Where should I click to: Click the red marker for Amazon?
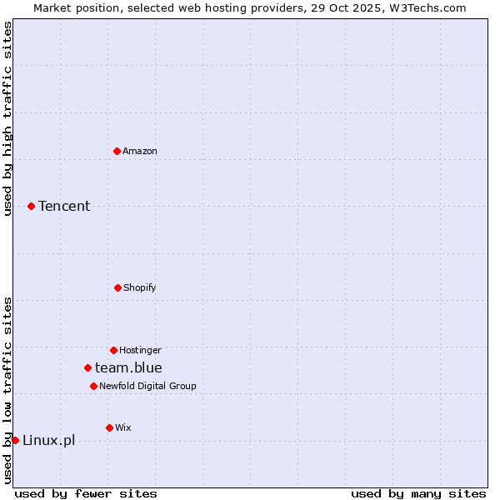click(x=117, y=151)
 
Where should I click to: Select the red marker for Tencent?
click(x=31, y=206)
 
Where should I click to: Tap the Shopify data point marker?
click(x=117, y=287)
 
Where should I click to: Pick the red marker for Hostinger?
click(x=113, y=350)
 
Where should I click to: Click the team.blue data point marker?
click(x=87, y=367)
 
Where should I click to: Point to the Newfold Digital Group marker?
click(x=93, y=386)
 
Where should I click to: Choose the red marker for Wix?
click(x=109, y=427)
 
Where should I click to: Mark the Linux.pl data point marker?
click(x=15, y=440)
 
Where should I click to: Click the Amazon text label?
click(x=140, y=151)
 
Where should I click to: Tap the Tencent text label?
click(x=64, y=206)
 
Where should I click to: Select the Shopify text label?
click(x=140, y=287)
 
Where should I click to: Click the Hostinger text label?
click(x=140, y=350)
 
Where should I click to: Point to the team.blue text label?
click(x=128, y=367)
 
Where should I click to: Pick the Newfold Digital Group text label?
click(x=147, y=386)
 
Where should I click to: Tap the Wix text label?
click(x=123, y=427)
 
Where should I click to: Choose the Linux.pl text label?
click(x=48, y=440)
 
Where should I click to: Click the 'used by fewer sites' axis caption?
click(x=86, y=493)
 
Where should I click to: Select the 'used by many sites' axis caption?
click(x=418, y=493)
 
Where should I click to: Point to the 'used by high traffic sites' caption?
click(x=7, y=118)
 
